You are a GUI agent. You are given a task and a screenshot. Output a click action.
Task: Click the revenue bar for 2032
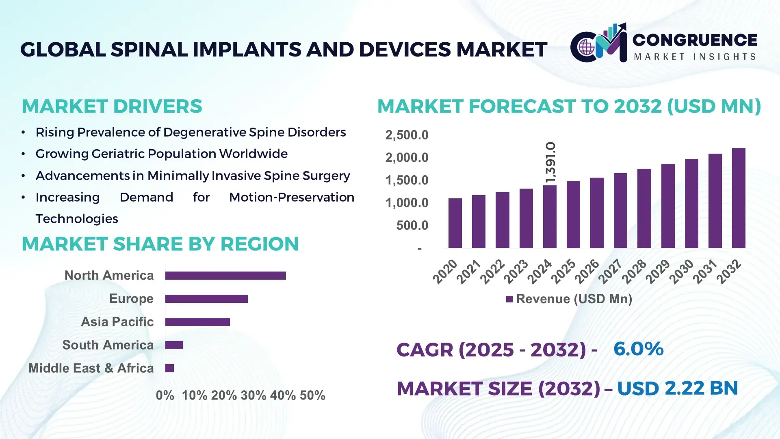click(x=739, y=198)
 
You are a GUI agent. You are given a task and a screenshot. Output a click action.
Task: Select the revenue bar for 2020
click(x=455, y=223)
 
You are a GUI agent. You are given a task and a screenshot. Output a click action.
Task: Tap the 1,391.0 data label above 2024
click(x=550, y=162)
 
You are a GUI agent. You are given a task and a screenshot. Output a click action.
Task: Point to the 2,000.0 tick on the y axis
click(x=407, y=158)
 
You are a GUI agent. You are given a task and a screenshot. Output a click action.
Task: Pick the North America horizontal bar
click(x=225, y=276)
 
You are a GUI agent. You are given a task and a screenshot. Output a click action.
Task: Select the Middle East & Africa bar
click(x=169, y=368)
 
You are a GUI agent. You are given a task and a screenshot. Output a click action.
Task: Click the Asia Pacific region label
click(x=117, y=322)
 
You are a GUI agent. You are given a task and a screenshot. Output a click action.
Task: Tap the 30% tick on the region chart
click(x=253, y=396)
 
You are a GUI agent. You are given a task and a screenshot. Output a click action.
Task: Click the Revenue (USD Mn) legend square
click(x=509, y=300)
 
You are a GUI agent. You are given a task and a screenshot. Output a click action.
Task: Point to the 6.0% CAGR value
click(x=638, y=349)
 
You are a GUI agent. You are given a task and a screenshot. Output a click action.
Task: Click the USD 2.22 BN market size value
click(x=677, y=388)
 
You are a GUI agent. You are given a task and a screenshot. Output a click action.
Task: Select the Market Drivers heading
click(x=112, y=106)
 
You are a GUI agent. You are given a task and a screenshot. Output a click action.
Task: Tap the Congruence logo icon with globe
click(x=586, y=48)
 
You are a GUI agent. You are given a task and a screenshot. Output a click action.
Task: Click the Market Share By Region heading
click(x=160, y=244)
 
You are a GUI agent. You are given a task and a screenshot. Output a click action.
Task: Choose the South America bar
click(x=174, y=345)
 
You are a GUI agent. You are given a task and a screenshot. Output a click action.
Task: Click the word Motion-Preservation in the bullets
click(x=291, y=198)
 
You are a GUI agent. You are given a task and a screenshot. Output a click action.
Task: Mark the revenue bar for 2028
click(x=644, y=208)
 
